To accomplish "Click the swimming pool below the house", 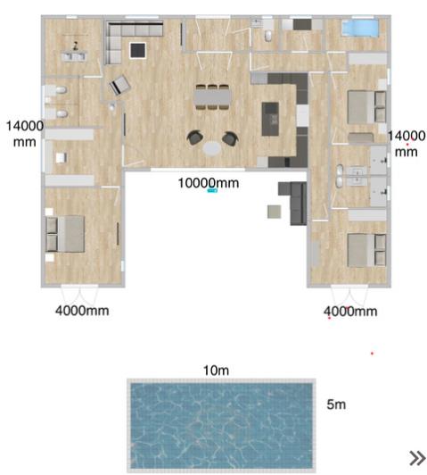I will (221, 425).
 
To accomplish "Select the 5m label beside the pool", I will (336, 404).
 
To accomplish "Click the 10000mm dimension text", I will (209, 183).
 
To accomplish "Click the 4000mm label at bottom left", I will (82, 311).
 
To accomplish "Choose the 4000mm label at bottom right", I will (350, 311).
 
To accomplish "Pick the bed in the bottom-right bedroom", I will (364, 251).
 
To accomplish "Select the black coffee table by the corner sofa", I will (138, 50).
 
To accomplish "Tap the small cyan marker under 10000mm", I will (212, 191).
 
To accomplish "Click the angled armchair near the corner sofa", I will (119, 86).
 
